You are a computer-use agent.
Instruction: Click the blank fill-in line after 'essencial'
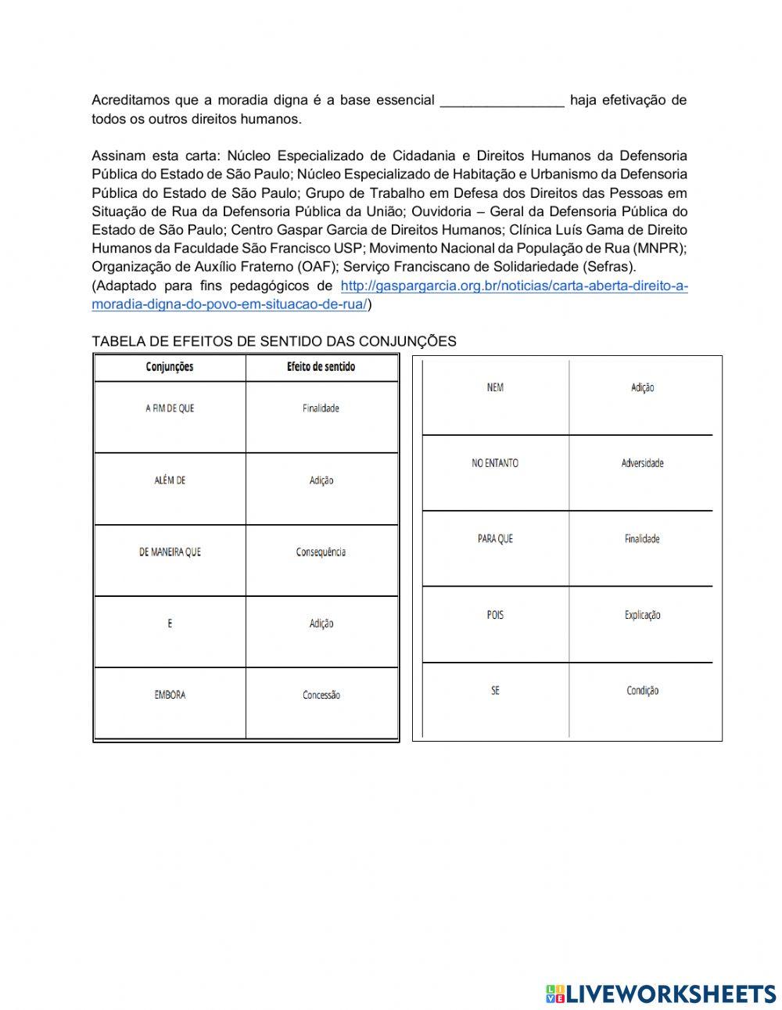point(502,101)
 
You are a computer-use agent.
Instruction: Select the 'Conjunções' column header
point(170,367)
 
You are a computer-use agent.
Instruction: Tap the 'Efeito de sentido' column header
point(321,367)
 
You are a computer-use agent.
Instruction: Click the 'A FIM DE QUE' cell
point(170,408)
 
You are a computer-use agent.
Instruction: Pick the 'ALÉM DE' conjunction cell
point(170,480)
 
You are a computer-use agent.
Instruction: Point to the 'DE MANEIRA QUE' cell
point(170,552)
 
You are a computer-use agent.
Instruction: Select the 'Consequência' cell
point(321,552)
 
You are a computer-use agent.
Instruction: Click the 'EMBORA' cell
point(170,695)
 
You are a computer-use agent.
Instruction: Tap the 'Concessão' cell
point(321,695)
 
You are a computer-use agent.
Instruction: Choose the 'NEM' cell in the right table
point(495,387)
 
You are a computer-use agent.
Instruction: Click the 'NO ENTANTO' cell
point(495,463)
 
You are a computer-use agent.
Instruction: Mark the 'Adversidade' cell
point(642,463)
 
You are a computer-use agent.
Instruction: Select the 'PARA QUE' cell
point(495,539)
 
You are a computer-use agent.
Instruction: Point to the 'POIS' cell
point(495,615)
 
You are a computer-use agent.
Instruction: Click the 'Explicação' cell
point(642,615)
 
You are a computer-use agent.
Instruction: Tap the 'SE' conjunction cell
point(495,691)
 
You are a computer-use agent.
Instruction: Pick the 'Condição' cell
point(642,691)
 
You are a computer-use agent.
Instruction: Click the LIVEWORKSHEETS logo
point(661,994)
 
